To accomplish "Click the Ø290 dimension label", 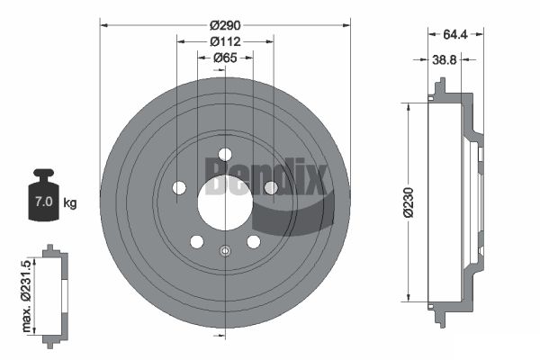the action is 225,25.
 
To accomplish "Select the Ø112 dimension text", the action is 225,41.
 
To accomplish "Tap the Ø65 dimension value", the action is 225,58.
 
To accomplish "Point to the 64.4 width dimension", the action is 454,34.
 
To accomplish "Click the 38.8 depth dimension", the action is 445,60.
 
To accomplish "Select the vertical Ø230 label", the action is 409,202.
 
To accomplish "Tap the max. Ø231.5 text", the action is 26,296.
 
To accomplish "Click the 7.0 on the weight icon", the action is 44,202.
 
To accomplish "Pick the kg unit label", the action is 70,202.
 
